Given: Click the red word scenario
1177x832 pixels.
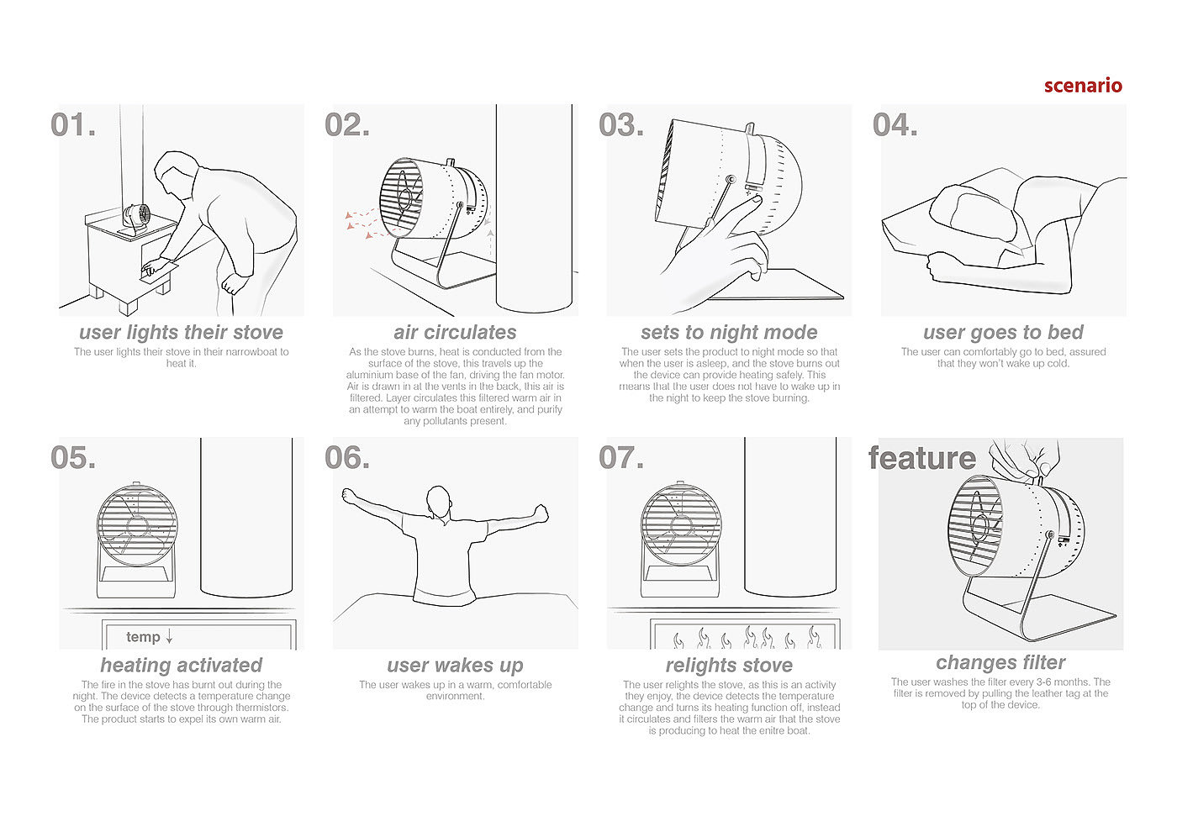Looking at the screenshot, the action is tap(1083, 85).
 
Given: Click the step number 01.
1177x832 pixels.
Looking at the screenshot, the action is tap(73, 125).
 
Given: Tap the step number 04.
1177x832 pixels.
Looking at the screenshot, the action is tap(895, 125).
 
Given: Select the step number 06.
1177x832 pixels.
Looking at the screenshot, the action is tap(347, 457).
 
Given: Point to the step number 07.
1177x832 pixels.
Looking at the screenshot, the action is tap(621, 457).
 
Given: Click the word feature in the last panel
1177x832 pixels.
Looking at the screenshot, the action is tap(922, 458).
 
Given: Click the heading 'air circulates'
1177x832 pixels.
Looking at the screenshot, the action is tap(455, 332).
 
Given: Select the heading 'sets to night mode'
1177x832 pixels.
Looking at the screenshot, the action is tap(730, 333).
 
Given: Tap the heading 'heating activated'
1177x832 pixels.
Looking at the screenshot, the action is tap(182, 666).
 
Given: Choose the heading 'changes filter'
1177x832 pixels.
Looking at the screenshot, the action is tap(1000, 662).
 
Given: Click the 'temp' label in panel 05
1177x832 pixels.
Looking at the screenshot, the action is tap(143, 637).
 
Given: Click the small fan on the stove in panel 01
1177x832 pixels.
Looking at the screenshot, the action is tap(136, 218).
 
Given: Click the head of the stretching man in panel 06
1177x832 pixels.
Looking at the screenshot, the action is tap(439, 502).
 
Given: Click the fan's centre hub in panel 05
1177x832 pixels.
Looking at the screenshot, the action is tap(138, 526).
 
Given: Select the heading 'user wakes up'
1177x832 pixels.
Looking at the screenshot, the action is tap(455, 666).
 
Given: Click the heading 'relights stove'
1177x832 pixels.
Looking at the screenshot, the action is tap(730, 666).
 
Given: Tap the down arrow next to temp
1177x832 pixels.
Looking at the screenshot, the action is tap(169, 637).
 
